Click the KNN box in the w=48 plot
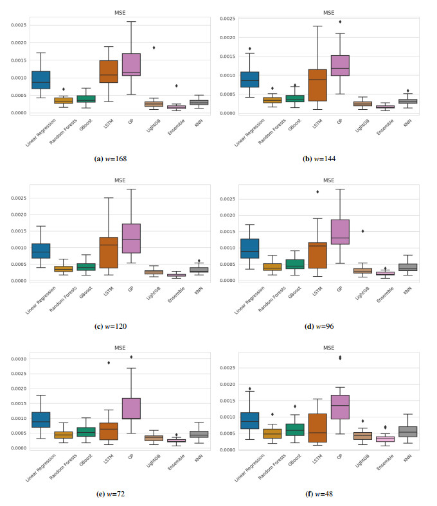coord(407,432)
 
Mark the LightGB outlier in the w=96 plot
coord(364,231)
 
